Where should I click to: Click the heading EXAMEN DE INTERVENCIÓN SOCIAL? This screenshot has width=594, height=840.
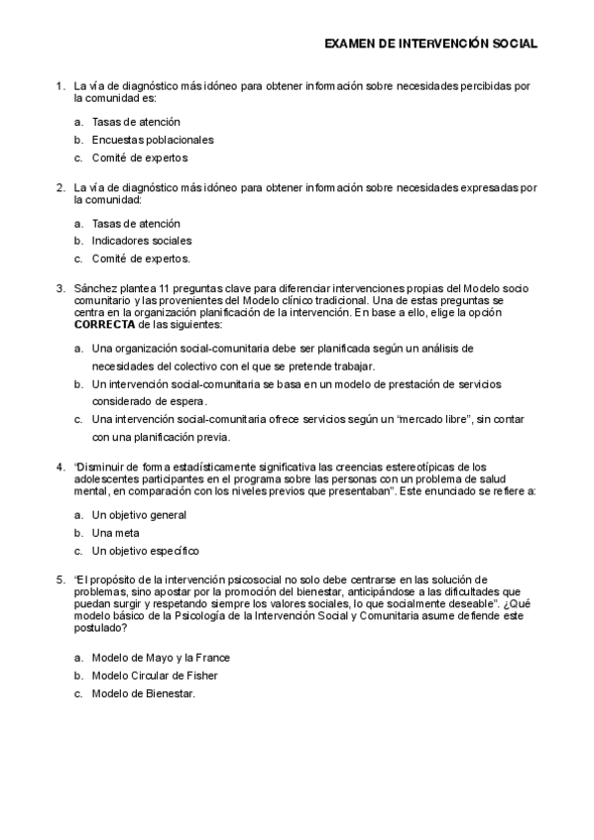[431, 44]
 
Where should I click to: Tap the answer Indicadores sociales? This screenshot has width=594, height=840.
[142, 241]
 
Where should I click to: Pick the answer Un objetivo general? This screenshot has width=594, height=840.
[139, 515]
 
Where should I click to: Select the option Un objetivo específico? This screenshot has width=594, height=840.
[145, 550]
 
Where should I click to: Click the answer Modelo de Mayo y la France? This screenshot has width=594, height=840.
[160, 657]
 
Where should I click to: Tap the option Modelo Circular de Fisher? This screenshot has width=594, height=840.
[154, 675]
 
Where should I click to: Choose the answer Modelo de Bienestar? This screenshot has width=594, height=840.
[143, 692]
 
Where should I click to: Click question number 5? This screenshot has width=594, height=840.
[59, 578]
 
